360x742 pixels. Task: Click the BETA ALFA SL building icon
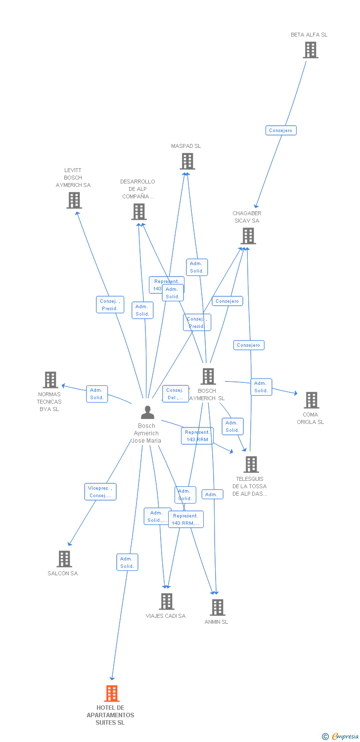click(x=311, y=50)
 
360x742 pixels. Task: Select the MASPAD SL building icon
click(x=187, y=161)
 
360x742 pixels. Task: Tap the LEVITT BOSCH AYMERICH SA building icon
click(x=74, y=200)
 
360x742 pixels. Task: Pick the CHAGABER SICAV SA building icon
click(x=248, y=236)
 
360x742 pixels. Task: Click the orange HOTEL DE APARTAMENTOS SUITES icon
click(x=112, y=694)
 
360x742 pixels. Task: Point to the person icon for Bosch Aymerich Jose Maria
click(x=147, y=412)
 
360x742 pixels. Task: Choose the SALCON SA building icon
click(x=64, y=558)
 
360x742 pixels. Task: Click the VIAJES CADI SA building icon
click(x=167, y=601)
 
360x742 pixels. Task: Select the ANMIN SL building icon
click(x=217, y=607)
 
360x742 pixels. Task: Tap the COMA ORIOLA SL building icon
click(x=311, y=400)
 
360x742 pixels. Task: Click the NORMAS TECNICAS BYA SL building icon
click(x=50, y=380)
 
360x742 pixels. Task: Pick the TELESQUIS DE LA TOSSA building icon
click(x=251, y=464)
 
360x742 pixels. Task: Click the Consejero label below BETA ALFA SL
click(x=280, y=131)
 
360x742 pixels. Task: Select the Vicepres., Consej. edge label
click(x=100, y=492)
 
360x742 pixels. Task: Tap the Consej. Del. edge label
click(x=175, y=394)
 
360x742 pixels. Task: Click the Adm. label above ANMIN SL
click(x=212, y=495)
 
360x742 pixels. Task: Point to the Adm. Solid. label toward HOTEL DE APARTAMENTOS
click(x=127, y=562)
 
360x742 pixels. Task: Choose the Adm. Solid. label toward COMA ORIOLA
click(x=261, y=387)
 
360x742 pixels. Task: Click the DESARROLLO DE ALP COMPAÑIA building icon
click(x=139, y=212)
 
